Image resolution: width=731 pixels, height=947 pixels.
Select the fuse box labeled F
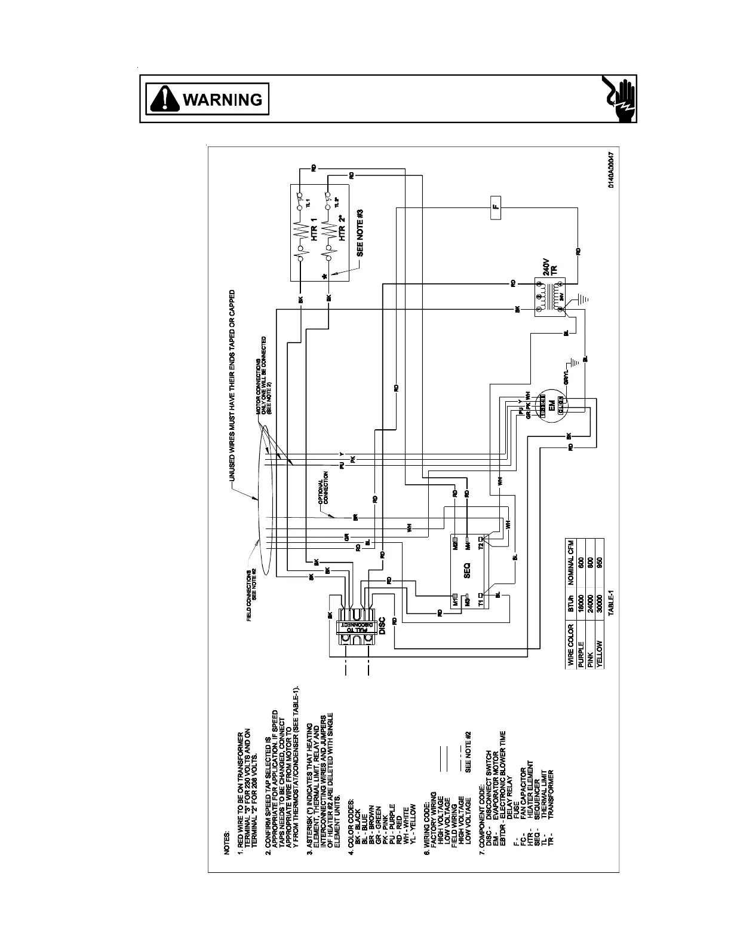[x=496, y=207]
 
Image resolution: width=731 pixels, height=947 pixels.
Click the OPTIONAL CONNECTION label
[x=323, y=491]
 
